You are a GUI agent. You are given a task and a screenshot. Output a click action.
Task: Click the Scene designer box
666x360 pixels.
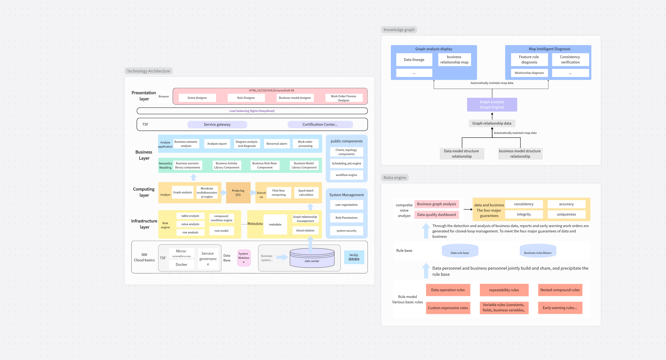[197, 98]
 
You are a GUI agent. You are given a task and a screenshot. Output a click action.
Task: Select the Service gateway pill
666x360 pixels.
[217, 124]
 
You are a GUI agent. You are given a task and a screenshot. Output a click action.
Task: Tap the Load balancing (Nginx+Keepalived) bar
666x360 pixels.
[252, 111]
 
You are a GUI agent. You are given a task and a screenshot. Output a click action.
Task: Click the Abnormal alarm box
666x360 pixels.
[276, 144]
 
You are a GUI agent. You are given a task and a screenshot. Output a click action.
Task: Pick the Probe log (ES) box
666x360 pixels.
[238, 193]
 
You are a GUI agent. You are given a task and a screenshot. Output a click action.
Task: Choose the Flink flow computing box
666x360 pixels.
[278, 193]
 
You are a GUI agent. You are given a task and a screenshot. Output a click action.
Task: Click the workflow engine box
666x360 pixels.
[346, 175]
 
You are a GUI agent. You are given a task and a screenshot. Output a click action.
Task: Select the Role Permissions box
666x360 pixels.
[346, 218]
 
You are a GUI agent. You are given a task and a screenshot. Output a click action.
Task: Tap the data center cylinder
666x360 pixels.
[312, 258]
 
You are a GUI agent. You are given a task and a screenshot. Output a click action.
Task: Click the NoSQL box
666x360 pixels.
[354, 257]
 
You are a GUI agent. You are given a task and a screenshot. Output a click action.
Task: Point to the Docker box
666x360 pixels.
[181, 265]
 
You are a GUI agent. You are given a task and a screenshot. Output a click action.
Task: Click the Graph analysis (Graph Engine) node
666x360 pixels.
[492, 105]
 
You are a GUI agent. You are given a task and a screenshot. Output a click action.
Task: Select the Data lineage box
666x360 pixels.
[414, 60]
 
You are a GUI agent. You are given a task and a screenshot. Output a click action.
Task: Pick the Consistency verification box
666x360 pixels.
[570, 60]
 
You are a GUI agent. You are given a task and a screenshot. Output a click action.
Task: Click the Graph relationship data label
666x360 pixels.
[492, 123]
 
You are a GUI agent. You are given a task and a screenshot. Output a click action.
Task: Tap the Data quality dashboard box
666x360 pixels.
[436, 215]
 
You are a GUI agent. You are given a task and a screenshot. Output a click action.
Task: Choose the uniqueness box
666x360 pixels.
[566, 214]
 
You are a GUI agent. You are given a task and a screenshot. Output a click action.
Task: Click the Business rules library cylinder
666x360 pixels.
[538, 251]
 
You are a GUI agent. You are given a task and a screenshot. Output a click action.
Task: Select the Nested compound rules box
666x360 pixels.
[560, 290]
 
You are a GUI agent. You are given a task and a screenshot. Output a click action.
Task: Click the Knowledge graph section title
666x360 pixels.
[399, 30]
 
